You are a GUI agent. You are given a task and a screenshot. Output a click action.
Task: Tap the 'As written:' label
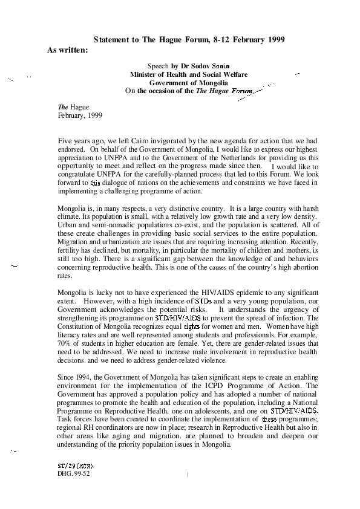coord(68,50)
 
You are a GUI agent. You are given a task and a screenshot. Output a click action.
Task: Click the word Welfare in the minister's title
coord(235,74)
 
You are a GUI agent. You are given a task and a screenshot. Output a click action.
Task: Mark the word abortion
coord(306,267)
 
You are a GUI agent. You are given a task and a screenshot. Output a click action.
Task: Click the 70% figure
coord(64,343)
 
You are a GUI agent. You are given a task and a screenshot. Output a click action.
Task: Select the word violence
coord(214,360)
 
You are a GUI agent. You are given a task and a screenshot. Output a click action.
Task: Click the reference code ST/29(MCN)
coord(75,466)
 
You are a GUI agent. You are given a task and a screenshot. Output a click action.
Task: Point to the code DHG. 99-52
coord(73,473)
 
